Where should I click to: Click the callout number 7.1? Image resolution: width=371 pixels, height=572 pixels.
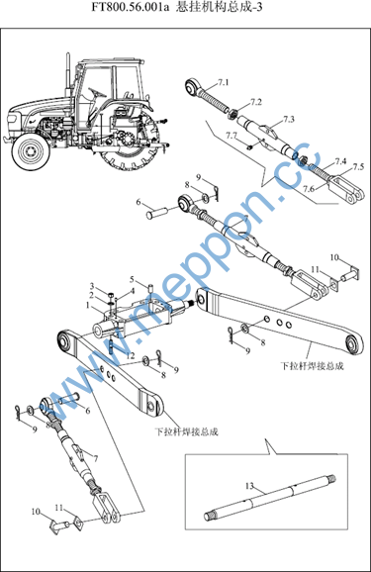click(223, 82)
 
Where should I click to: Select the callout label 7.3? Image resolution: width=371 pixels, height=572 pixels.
click(289, 120)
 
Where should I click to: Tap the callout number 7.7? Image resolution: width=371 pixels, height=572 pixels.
click(231, 136)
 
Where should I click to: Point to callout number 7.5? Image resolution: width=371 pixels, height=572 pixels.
click(358, 166)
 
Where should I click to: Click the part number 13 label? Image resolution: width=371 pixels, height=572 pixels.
click(249, 486)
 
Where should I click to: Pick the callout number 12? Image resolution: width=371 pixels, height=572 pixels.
click(131, 355)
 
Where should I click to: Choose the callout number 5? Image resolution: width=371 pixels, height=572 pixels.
click(132, 280)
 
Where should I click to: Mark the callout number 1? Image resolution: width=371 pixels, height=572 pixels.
click(87, 305)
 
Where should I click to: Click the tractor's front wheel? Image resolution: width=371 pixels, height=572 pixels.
click(31, 151)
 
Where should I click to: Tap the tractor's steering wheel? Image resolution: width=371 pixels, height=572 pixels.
click(97, 92)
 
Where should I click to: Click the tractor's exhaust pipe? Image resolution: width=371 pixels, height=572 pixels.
click(67, 74)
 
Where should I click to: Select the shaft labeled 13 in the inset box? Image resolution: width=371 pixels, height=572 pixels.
click(270, 497)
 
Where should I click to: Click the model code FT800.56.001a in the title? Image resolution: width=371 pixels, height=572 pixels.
click(131, 7)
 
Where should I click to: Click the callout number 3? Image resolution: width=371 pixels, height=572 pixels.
click(92, 286)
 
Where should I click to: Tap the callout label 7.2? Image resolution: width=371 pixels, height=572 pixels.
click(256, 102)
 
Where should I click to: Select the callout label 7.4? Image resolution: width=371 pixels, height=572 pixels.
click(341, 161)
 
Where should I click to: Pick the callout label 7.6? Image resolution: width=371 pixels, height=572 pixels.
click(309, 189)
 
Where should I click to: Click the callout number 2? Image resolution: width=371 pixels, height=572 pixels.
click(92, 295)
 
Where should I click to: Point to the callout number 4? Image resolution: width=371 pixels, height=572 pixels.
click(133, 292)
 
